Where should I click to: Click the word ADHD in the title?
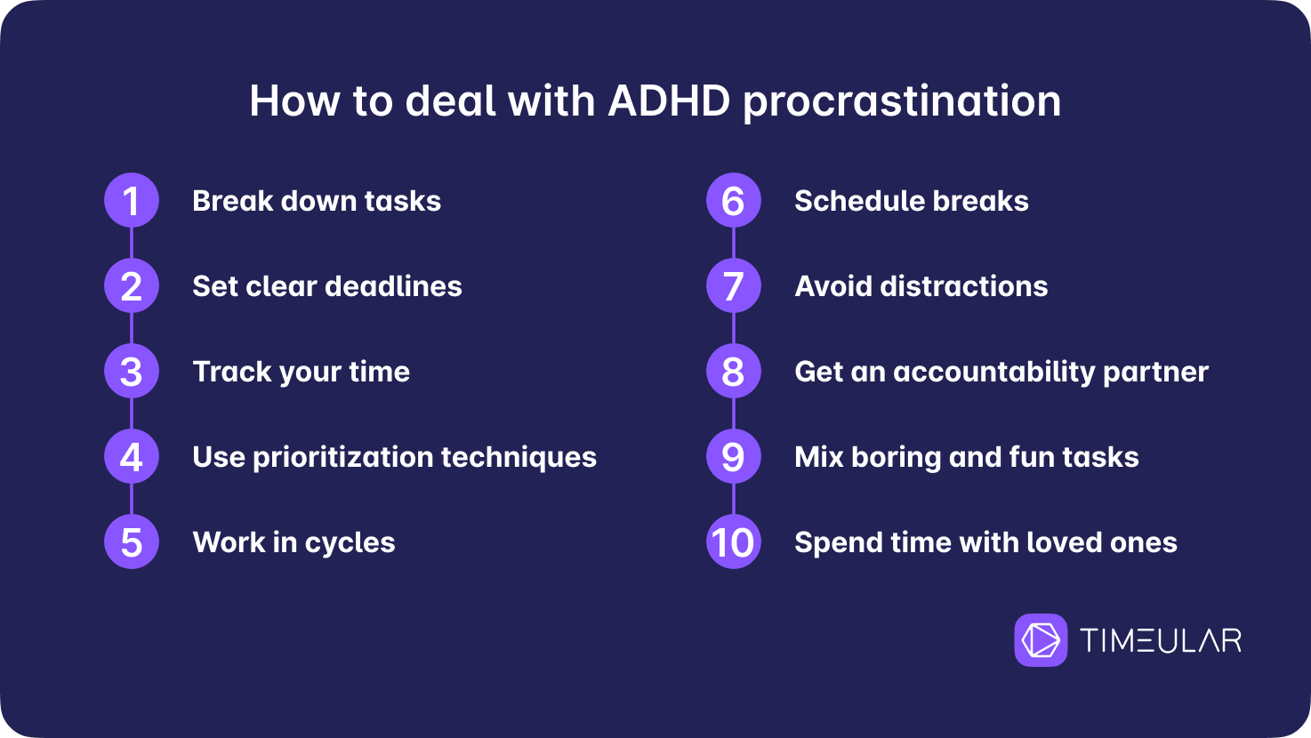[669, 100]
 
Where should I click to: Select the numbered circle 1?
[132, 200]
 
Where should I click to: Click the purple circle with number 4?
[132, 456]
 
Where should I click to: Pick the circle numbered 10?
[734, 542]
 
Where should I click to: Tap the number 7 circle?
[734, 285]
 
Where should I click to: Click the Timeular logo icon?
[1041, 639]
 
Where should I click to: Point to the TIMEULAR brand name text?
[1161, 640]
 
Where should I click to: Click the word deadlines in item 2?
[393, 286]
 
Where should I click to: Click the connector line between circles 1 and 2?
[132, 243]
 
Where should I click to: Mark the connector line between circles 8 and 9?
[734, 413]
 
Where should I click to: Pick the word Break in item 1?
[233, 201]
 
